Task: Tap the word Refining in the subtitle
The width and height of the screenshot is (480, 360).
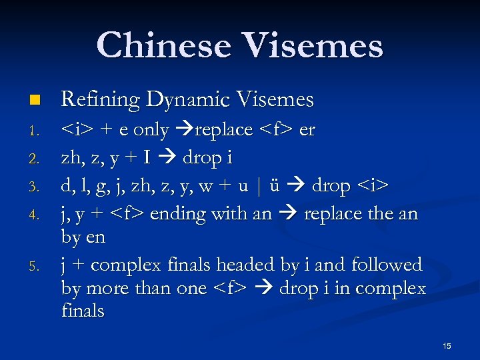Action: (100, 99)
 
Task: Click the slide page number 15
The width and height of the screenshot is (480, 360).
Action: (447, 345)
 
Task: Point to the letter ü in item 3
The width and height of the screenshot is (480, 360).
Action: (275, 187)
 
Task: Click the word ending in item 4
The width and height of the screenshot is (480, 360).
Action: (177, 215)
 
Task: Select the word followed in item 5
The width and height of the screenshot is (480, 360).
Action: (383, 265)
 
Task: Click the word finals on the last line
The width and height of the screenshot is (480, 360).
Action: (83, 311)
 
